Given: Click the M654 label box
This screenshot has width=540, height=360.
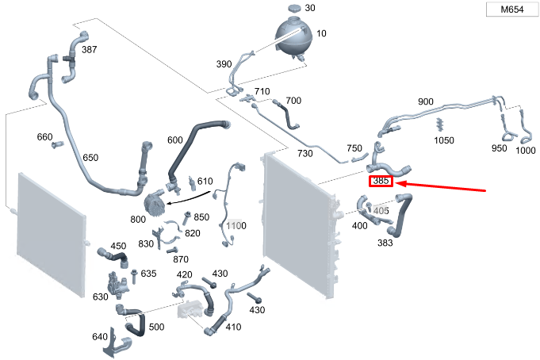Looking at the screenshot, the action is (x=512, y=9).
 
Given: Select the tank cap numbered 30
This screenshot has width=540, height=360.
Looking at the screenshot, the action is (x=294, y=8).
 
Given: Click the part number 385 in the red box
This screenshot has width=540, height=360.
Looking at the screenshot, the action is (x=381, y=181).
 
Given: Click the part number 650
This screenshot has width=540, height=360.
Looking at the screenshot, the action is (x=90, y=158).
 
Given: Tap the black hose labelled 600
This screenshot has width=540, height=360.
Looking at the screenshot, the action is (x=194, y=148).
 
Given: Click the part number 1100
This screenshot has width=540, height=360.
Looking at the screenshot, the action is (x=236, y=226).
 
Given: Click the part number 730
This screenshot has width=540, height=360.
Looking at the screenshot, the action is (x=304, y=153).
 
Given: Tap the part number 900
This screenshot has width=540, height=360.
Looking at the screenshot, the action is (x=425, y=101).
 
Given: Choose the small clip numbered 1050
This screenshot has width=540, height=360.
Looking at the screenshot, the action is (x=439, y=124).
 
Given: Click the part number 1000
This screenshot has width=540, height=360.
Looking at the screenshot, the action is (x=526, y=150).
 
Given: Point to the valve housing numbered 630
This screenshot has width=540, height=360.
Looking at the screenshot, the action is (x=117, y=283).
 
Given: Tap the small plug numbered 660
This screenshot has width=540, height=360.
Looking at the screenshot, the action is (x=58, y=144).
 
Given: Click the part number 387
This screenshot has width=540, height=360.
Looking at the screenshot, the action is (x=89, y=50).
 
